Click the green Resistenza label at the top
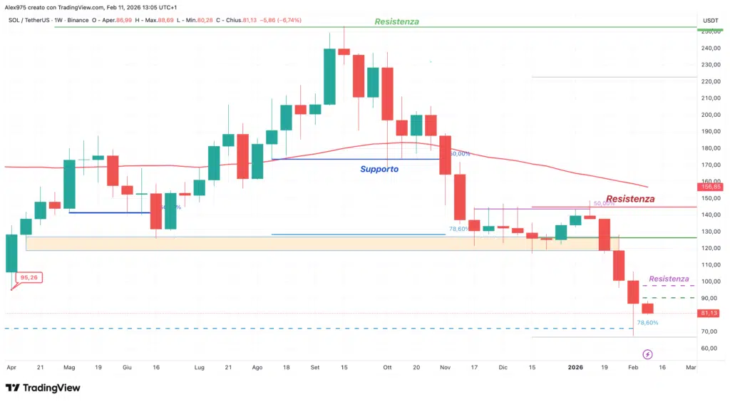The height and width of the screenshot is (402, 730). coord(396,21)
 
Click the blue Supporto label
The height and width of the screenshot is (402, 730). coord(379,169)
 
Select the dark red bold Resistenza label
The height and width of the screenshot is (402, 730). coord(630,199)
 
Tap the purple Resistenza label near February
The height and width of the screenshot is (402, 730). coord(669,279)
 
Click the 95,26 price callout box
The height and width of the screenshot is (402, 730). coord(29,277)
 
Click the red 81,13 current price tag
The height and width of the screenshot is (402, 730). coord(709,313)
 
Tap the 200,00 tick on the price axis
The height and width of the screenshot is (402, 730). coord(709,115)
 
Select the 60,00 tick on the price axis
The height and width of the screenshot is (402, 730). coord(709,349)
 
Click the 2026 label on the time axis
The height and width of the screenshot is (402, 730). coord(575,367)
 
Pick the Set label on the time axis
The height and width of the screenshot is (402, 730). coord(315,367)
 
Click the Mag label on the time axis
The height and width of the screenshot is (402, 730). coord(69,367)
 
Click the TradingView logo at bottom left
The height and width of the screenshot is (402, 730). coord(43,388)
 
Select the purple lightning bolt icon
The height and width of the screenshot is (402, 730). coord(647,354)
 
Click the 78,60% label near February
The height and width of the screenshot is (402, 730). coord(647,323)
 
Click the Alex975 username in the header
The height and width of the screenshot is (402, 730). coord(16,7)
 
